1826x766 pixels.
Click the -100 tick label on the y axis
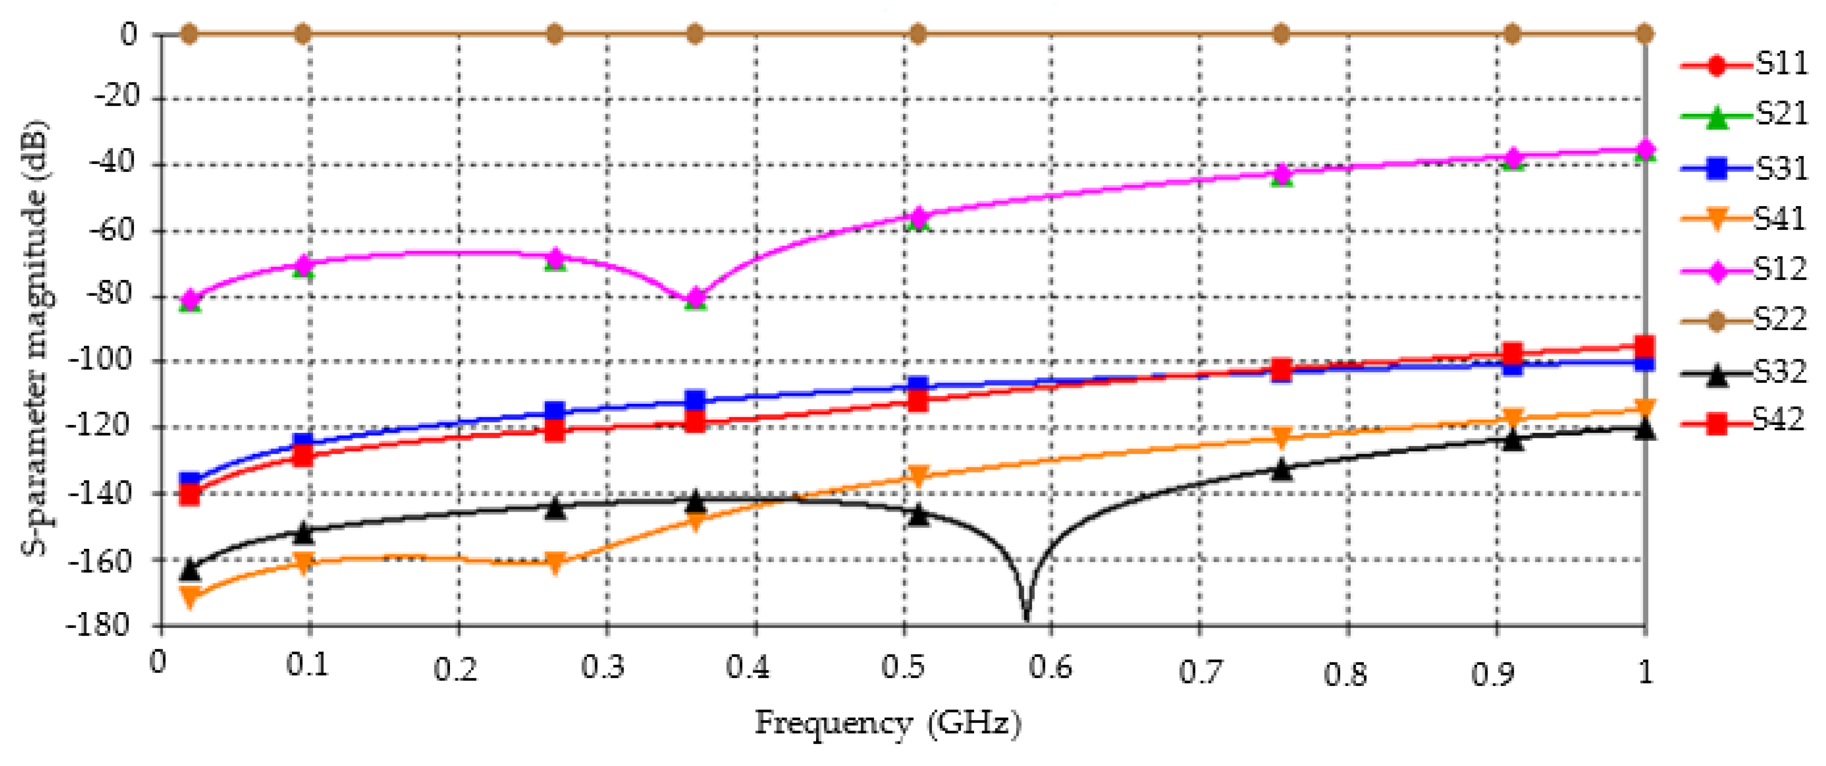pyautogui.click(x=100, y=360)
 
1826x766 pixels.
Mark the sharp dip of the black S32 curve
pyautogui.click(x=1026, y=615)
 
